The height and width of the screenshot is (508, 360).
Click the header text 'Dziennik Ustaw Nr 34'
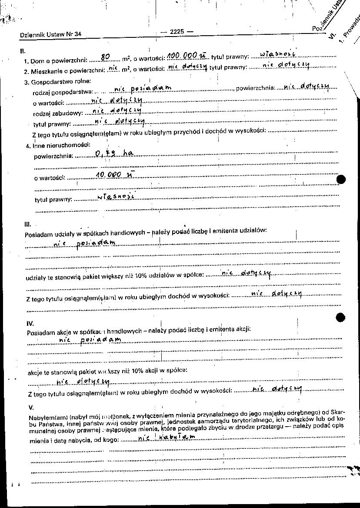click(x=50, y=35)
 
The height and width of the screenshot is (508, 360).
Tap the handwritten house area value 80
click(x=105, y=57)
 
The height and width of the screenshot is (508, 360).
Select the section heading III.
click(x=28, y=224)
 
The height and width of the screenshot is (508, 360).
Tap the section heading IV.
click(x=30, y=324)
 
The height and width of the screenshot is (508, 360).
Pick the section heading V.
click(x=31, y=407)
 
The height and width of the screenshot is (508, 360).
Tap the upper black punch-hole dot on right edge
click(x=341, y=179)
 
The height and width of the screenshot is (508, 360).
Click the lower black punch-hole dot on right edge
click(x=341, y=317)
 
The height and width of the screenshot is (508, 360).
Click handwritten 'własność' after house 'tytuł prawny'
click(x=278, y=54)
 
